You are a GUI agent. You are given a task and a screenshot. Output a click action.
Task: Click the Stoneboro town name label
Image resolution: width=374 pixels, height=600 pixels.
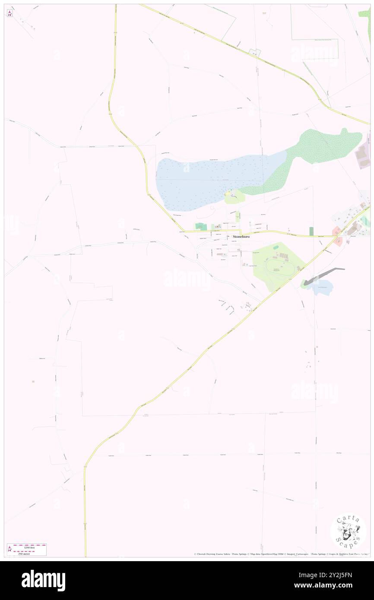tap(241, 237)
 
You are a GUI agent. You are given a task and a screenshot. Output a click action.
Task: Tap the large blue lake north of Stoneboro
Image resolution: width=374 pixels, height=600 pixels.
tap(203, 181)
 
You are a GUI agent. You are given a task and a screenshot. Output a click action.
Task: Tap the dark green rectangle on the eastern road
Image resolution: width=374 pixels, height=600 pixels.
tap(311, 231)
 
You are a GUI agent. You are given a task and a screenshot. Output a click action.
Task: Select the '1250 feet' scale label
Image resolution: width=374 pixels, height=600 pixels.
tap(29, 547)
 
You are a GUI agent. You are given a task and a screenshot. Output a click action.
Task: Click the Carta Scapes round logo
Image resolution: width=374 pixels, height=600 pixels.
tap(348, 532)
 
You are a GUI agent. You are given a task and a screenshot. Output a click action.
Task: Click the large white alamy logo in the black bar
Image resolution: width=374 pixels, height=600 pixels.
tap(43, 581)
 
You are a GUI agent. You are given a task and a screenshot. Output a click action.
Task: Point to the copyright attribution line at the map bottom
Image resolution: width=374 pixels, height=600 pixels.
tap(281, 554)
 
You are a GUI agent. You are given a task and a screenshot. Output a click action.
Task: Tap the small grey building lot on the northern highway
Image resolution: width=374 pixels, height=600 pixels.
tap(257, 53)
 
